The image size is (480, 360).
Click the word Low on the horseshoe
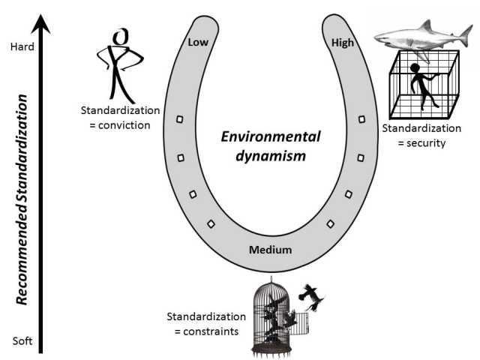pyautogui.click(x=198, y=43)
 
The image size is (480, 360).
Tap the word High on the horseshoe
pyautogui.click(x=343, y=43)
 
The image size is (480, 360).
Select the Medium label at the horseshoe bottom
pyautogui.click(x=271, y=250)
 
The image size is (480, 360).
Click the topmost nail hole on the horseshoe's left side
pyautogui.click(x=179, y=119)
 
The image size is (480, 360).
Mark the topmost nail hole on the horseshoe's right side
pyautogui.click(x=363, y=119)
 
